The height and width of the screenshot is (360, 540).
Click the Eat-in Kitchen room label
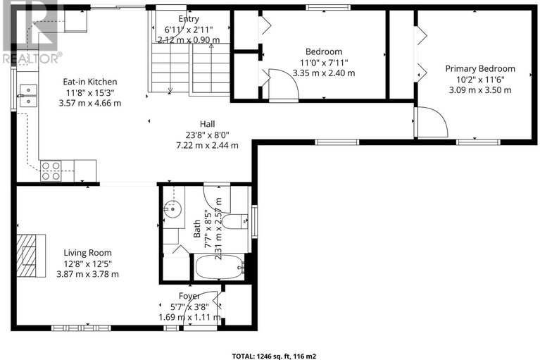click(90, 82)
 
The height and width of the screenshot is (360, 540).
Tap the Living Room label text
click(87, 253)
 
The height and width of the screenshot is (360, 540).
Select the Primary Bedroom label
click(480, 69)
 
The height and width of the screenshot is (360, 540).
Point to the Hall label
click(207, 124)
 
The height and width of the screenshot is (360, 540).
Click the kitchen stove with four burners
click(51, 171)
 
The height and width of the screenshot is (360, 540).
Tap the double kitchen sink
click(28, 95)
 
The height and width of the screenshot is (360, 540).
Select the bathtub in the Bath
click(220, 267)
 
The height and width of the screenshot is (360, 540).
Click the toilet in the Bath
click(235, 221)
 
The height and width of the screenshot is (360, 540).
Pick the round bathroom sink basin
click(172, 209)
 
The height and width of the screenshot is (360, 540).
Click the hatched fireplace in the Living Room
click(31, 256)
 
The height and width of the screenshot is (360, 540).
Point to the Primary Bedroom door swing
click(432, 122)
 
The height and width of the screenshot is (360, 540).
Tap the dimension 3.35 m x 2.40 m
click(324, 73)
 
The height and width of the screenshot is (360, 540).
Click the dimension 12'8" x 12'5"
click(87, 264)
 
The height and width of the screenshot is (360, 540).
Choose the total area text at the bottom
click(274, 356)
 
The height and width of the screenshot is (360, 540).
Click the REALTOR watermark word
click(31, 58)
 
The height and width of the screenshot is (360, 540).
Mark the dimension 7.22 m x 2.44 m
click(207, 145)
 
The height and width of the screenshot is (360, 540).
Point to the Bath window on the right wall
click(254, 221)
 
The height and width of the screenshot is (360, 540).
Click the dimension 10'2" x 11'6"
click(480, 80)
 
